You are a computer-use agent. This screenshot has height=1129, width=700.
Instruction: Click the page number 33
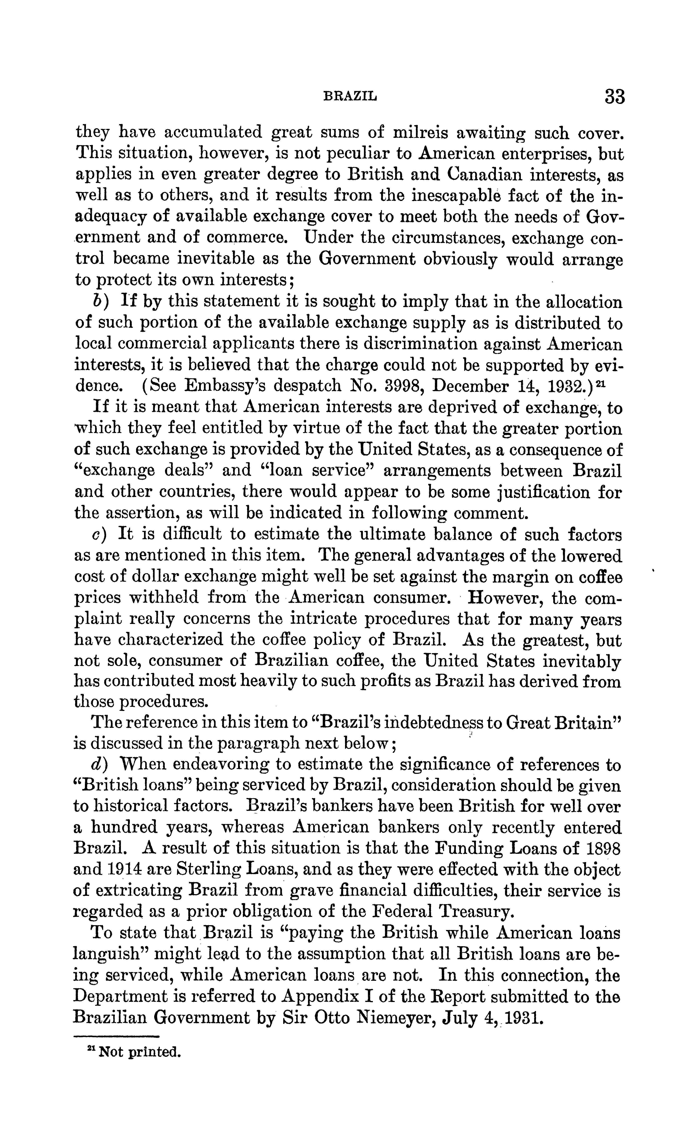click(x=614, y=97)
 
